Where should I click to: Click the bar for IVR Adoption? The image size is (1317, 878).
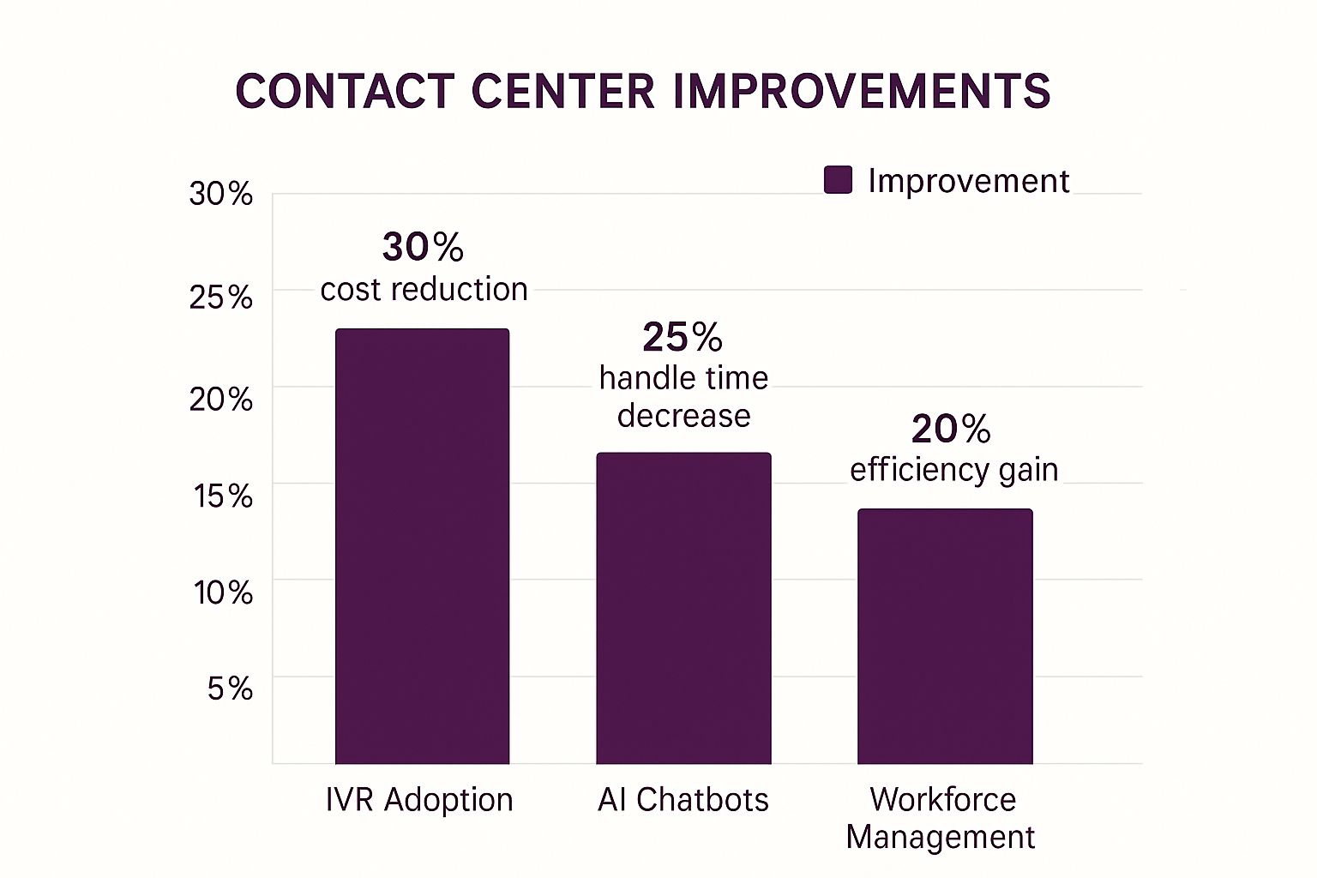(422, 546)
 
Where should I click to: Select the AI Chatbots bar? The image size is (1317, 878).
(683, 608)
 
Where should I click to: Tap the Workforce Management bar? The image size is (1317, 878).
(945, 636)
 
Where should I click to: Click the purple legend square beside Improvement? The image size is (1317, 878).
(838, 180)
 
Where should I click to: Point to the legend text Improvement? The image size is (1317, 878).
(968, 181)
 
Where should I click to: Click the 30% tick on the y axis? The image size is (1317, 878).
(221, 194)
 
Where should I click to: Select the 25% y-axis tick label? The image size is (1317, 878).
(221, 298)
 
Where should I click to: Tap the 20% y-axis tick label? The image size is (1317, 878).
(221, 399)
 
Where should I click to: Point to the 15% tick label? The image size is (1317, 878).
(223, 496)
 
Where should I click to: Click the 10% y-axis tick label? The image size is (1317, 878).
(223, 592)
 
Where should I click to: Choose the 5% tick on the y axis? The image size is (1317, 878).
(230, 689)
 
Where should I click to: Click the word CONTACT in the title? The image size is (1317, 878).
(345, 92)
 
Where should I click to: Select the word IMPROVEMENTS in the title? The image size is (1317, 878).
(862, 92)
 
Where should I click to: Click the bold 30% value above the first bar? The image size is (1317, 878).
(423, 247)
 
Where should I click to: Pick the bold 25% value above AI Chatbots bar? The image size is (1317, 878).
(683, 337)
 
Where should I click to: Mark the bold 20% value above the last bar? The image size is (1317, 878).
(951, 429)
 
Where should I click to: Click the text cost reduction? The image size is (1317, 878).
(424, 290)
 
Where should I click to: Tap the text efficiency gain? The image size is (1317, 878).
(953, 470)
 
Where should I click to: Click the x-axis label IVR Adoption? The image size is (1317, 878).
(419, 800)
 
